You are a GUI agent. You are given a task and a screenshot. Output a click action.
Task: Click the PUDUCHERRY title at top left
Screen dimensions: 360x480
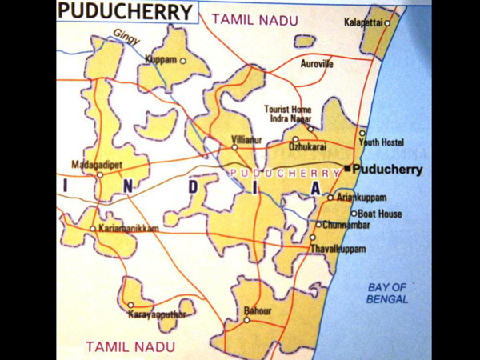(x=126, y=12)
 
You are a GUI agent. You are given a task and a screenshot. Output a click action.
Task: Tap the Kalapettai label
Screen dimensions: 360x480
(x=362, y=22)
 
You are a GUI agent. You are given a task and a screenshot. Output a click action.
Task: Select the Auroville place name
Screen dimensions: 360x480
(x=317, y=63)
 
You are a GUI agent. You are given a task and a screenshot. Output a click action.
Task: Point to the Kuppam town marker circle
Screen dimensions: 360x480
(x=183, y=61)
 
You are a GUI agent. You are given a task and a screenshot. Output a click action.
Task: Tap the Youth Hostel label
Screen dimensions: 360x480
(x=381, y=142)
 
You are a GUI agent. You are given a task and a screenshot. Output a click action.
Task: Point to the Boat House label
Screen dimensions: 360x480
(x=379, y=214)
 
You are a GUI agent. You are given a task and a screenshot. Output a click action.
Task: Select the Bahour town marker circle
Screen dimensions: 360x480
(x=247, y=320)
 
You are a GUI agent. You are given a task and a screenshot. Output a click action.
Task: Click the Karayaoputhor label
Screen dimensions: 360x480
(x=157, y=314)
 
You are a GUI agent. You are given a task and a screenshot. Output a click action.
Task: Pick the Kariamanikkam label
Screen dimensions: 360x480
(x=128, y=229)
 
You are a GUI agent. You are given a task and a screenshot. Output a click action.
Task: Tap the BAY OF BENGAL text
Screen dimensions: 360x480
(x=388, y=293)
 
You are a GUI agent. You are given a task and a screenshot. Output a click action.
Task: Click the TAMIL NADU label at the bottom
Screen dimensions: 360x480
(x=123, y=346)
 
